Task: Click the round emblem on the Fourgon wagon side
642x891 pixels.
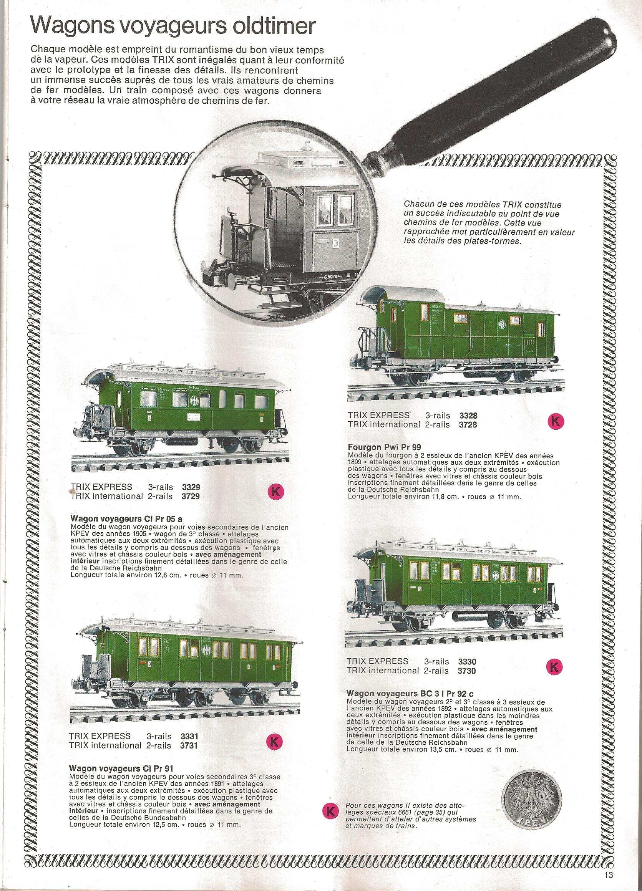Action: (503, 334)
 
